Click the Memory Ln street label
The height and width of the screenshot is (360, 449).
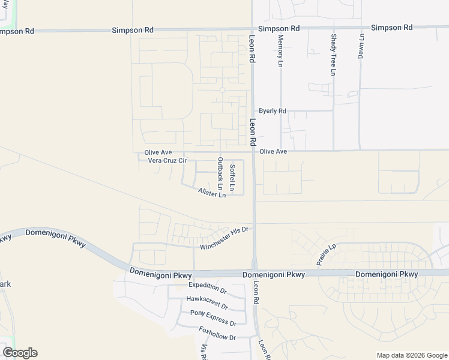point(280,50)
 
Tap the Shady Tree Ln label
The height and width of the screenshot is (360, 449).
point(333,55)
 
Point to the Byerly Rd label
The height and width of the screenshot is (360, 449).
point(273,111)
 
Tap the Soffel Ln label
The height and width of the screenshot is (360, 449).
point(232,178)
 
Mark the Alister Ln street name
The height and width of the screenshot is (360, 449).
point(212,193)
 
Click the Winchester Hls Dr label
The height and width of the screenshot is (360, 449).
point(224,238)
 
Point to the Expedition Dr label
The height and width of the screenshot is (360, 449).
point(207,287)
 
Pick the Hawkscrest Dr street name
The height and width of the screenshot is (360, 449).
point(207,300)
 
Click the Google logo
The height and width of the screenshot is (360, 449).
point(20,353)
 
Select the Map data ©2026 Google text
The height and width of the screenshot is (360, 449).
point(411,355)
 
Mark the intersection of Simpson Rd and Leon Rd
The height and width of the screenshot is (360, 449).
point(252,28)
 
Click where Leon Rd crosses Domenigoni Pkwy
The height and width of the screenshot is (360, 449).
point(255,273)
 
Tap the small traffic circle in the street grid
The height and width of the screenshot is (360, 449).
point(222,90)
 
